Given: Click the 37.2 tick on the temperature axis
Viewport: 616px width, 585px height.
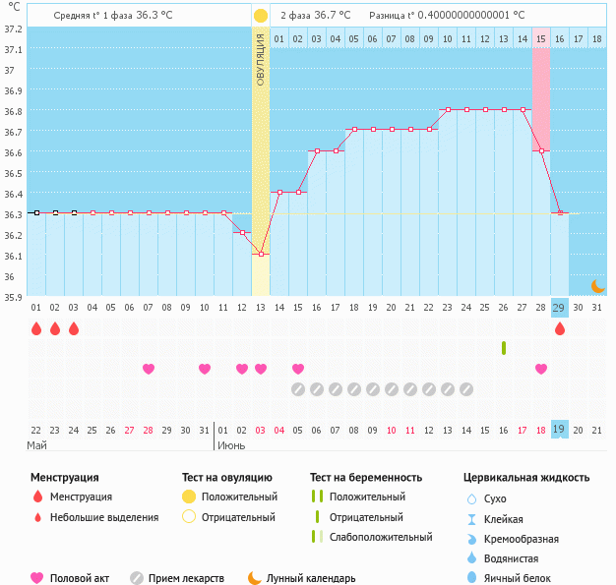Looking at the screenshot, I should [13, 29].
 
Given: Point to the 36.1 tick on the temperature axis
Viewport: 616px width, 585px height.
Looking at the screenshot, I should [13, 256].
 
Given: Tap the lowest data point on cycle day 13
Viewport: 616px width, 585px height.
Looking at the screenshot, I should [261, 255].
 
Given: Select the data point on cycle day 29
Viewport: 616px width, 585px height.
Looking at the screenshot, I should [560, 212].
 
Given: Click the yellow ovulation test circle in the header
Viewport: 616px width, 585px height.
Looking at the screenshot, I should [260, 16].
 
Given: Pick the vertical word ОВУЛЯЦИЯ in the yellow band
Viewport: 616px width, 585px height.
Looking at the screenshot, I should [261, 59].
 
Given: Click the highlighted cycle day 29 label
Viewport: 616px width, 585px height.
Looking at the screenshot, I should [559, 308].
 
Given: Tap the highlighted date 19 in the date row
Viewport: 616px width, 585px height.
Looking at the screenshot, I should [559, 430].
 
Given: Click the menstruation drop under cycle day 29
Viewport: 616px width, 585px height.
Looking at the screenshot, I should [560, 328].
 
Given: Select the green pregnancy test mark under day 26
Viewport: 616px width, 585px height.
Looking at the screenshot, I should [504, 348].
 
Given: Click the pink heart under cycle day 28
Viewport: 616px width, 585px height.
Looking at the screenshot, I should [541, 369].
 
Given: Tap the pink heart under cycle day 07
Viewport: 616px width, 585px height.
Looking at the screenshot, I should [149, 369].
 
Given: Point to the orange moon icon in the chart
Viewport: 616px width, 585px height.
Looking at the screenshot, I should [597, 285].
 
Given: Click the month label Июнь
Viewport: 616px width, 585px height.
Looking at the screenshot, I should [231, 445].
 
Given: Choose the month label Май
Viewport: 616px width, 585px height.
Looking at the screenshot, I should [36, 445].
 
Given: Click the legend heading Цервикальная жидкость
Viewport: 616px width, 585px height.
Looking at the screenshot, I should [526, 478].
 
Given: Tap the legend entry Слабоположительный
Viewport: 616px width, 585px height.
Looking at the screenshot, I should [381, 537].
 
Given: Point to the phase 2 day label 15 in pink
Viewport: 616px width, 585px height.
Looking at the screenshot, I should [541, 39].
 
